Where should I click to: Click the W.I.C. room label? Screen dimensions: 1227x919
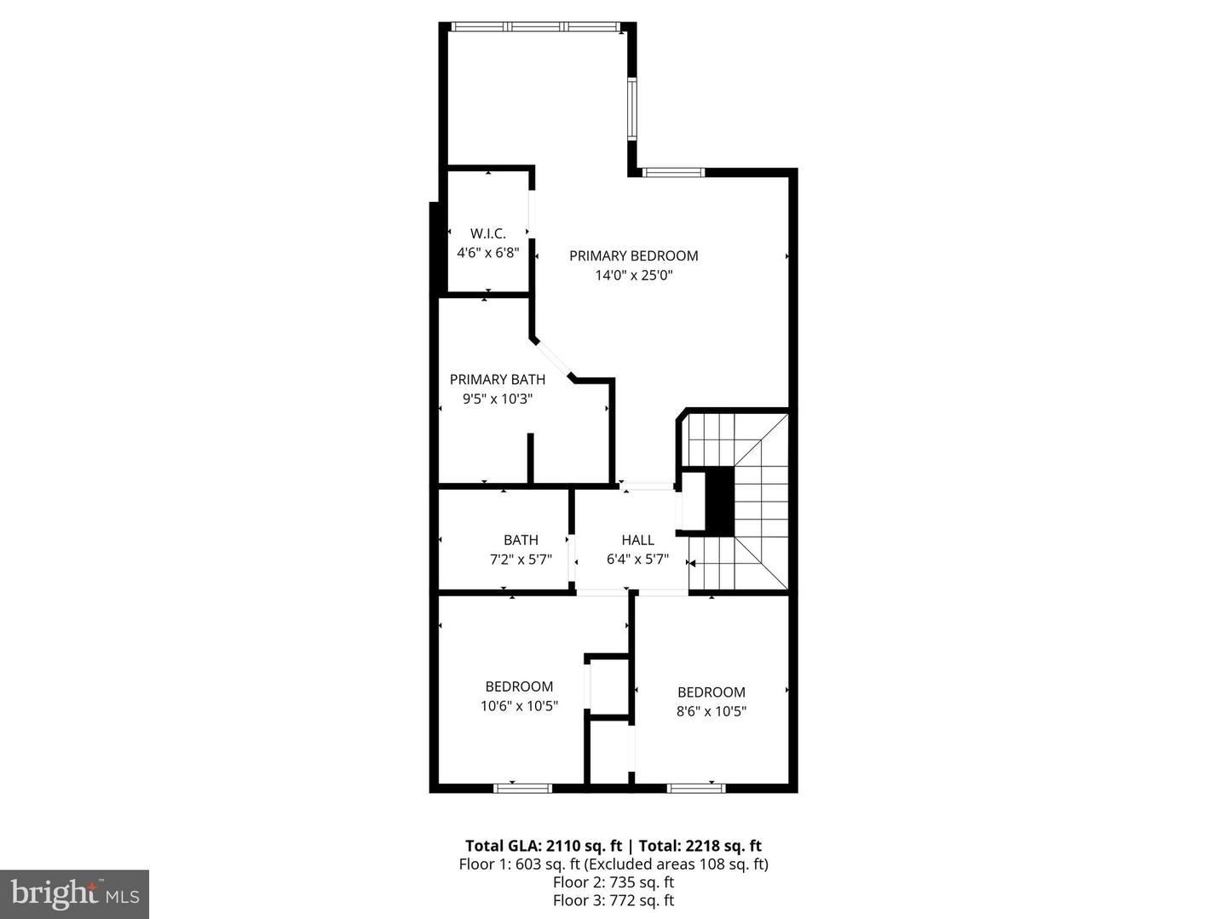[x=487, y=233]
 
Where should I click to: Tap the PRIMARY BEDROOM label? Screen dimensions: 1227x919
[x=633, y=256]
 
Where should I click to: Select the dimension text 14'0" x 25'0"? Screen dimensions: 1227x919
[x=633, y=275]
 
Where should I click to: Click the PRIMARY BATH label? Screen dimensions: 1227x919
[x=497, y=379]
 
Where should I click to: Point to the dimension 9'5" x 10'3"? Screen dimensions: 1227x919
[x=497, y=399]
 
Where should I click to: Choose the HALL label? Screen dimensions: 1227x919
[x=638, y=540]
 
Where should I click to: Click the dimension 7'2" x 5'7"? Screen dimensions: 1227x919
[x=521, y=560]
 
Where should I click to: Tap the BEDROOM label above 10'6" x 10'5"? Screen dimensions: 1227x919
[x=519, y=686]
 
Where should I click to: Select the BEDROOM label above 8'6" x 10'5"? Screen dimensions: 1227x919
[x=711, y=692]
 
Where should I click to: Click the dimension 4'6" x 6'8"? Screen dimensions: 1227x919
[x=488, y=252]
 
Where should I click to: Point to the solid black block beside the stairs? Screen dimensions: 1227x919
[x=719, y=502]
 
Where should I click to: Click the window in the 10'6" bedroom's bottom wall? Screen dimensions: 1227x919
[x=522, y=789]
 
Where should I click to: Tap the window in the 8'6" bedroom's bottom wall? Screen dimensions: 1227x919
[x=696, y=789]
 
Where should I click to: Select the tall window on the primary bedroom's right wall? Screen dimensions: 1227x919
[x=631, y=109]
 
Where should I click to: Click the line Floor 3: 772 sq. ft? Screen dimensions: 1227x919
[x=613, y=900]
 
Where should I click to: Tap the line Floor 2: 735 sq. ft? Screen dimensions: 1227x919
[x=613, y=882]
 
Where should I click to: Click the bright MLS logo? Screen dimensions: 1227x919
[x=74, y=894]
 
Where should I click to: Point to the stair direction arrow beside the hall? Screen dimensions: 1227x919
[x=692, y=563]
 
